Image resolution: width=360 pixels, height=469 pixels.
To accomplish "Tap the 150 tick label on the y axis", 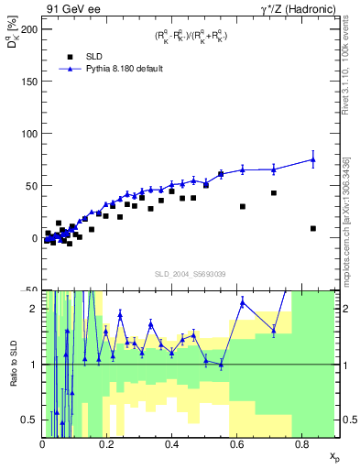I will point(27,81).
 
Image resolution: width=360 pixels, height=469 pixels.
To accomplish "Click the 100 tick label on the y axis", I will point(27,133).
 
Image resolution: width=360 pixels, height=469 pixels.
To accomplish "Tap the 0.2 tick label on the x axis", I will point(107,444).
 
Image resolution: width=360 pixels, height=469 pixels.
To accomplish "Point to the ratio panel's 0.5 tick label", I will point(31,420).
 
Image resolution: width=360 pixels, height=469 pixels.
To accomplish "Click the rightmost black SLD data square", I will point(313,228).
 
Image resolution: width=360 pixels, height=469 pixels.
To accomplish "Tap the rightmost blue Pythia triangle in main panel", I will point(313,159).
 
